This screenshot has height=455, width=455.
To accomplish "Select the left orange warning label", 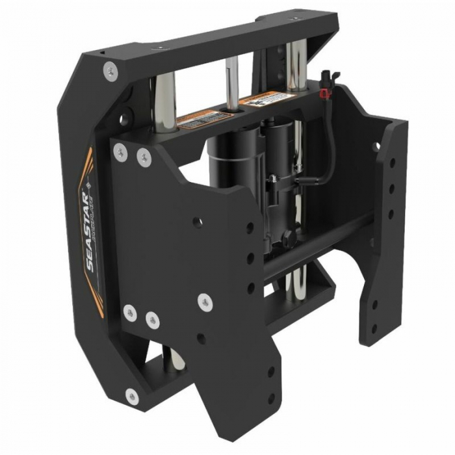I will tap(204, 120).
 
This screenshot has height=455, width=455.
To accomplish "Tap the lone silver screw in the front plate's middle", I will tap(205, 301).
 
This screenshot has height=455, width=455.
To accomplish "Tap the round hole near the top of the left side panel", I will tap(122, 120).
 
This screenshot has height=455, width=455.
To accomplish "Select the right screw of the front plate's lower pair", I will tap(153, 319).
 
